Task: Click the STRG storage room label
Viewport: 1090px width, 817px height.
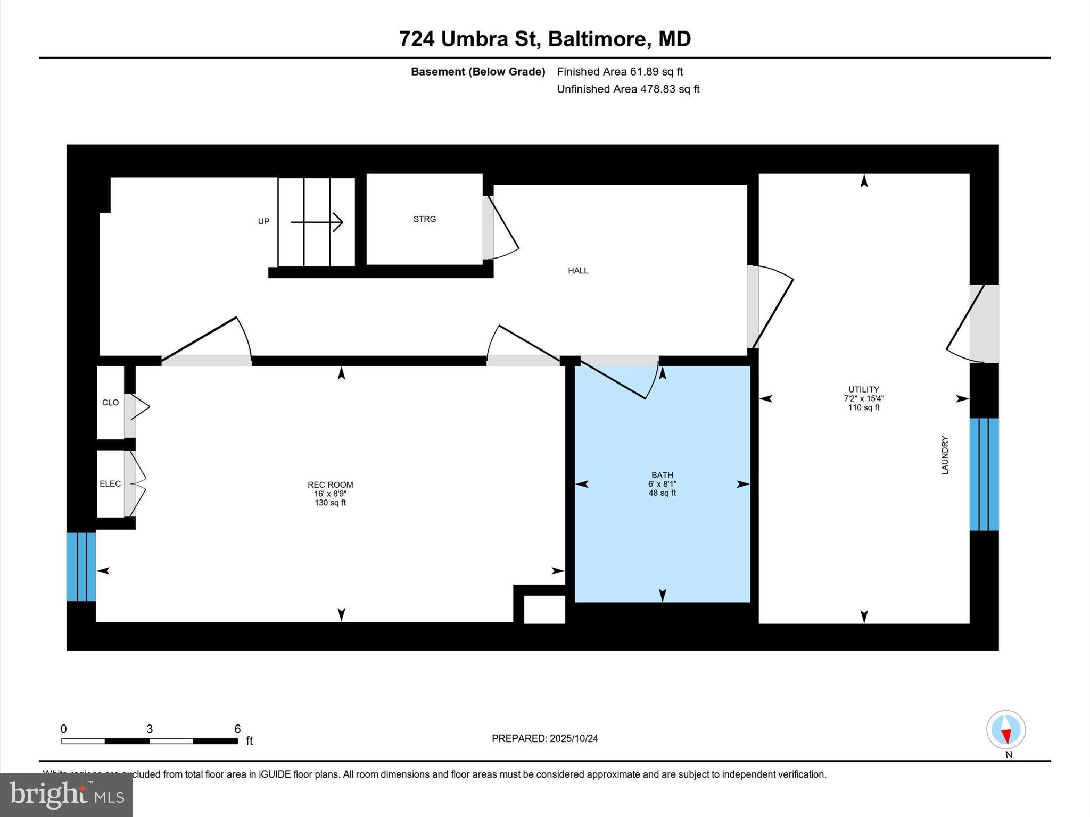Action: click(424, 219)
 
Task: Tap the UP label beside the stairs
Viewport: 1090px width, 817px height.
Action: click(263, 222)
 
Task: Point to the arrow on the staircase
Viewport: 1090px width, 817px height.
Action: click(317, 222)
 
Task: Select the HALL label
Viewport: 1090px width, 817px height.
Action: click(578, 271)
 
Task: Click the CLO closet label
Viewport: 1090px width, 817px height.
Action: click(110, 403)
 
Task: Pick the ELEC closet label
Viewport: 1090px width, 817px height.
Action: click(110, 484)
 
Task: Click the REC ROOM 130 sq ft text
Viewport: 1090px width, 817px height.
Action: click(330, 503)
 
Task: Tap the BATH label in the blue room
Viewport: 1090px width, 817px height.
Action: click(662, 475)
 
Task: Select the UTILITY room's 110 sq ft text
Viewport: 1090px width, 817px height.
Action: click(863, 407)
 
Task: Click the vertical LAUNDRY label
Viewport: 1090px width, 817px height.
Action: click(945, 455)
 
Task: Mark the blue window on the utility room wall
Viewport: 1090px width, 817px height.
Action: click(984, 474)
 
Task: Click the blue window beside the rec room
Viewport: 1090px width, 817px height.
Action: click(81, 566)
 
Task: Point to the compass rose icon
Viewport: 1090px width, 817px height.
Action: click(1005, 730)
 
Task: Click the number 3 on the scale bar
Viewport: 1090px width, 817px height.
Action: click(150, 729)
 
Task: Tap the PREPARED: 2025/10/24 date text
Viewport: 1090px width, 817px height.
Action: click(544, 738)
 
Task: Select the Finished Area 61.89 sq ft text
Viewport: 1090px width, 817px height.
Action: click(620, 72)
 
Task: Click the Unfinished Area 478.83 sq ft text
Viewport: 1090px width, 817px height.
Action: click(628, 89)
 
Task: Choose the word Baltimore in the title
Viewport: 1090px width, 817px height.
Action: click(598, 39)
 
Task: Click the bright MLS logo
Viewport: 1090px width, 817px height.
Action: click(67, 795)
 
